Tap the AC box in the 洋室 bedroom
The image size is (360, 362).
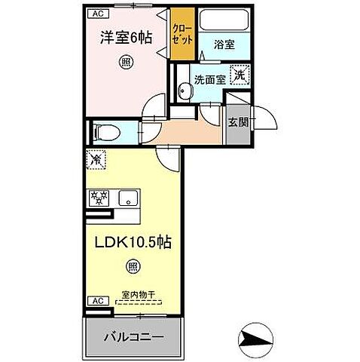96,14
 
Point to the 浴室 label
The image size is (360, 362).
224,44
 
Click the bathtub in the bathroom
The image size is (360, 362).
222,21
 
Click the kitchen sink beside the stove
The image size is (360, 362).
128,199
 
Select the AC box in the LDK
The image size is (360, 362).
96,300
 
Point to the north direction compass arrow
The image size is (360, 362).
258,336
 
